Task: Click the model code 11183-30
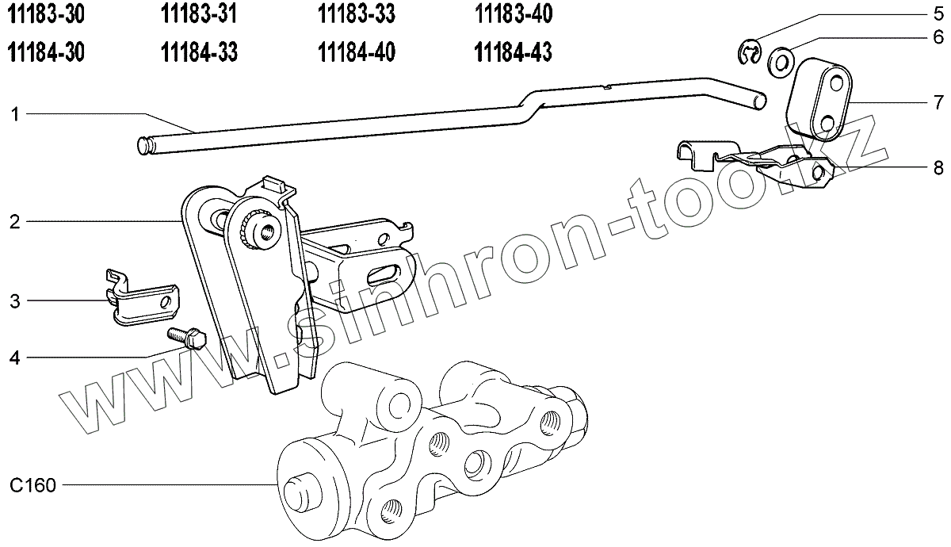[x=46, y=14]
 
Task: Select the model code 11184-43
[x=514, y=52]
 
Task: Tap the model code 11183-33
[x=357, y=14]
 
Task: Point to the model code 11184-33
[x=199, y=52]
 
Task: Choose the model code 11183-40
[x=514, y=14]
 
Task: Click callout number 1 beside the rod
[x=15, y=114]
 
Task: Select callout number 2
[x=15, y=222]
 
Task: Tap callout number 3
[x=15, y=301]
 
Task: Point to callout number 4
[x=15, y=358]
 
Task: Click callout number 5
[x=938, y=14]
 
